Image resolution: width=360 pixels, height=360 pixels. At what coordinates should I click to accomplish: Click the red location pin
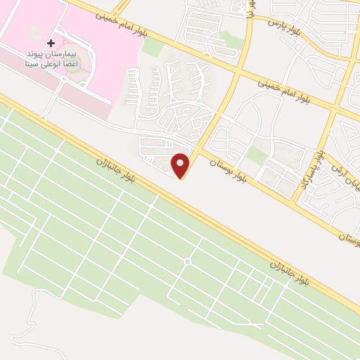tap(181, 165)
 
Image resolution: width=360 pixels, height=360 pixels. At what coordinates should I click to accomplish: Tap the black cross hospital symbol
tap(51, 44)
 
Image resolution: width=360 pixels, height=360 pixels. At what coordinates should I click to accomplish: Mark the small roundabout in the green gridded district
tap(187, 262)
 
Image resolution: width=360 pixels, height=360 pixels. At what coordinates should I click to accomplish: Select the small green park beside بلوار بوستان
tap(257, 155)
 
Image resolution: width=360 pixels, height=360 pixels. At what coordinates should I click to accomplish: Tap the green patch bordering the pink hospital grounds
tap(152, 47)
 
